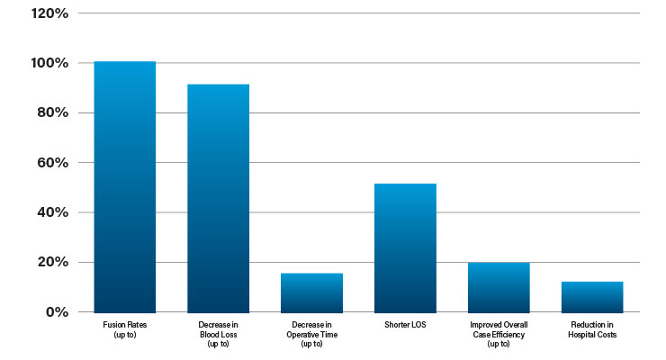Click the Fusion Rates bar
pyautogui.click(x=125, y=187)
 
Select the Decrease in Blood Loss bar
pyautogui.click(x=219, y=199)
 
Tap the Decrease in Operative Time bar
pyautogui.click(x=311, y=292)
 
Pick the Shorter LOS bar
pyautogui.click(x=405, y=248)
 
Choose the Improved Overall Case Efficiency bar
pyautogui.click(x=499, y=288)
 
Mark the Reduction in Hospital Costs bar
pyautogui.click(x=592, y=297)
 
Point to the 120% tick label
pyautogui.click(x=49, y=13)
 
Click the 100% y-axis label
pyautogui.click(x=49, y=63)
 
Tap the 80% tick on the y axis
pyautogui.click(x=53, y=112)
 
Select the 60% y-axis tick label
pyautogui.click(x=53, y=163)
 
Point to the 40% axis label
pyautogui.click(x=53, y=212)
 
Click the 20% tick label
pyautogui.click(x=53, y=262)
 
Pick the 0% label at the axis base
pyautogui.click(x=57, y=312)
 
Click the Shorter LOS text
pyautogui.click(x=405, y=325)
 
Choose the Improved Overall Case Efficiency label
pyautogui.click(x=499, y=335)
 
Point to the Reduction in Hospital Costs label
pyautogui.click(x=592, y=330)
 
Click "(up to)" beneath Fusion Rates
pyautogui.click(x=125, y=335)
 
